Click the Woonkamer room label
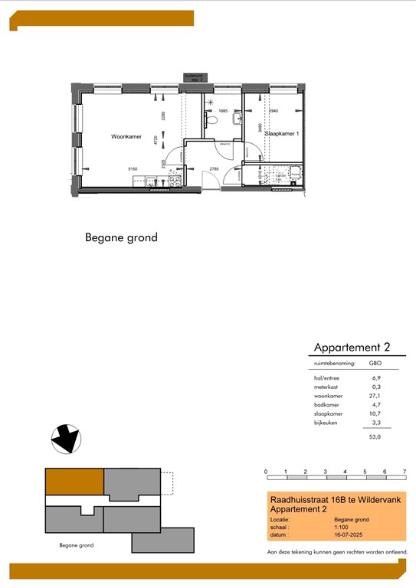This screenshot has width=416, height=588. click(126, 137)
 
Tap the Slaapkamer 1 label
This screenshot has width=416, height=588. click(281, 133)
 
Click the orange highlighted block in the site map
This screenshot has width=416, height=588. click(74, 482)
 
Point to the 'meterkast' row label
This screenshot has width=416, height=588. click(327, 387)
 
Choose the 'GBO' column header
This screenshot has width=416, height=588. click(375, 364)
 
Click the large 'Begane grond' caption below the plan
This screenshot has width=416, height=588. click(121, 237)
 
